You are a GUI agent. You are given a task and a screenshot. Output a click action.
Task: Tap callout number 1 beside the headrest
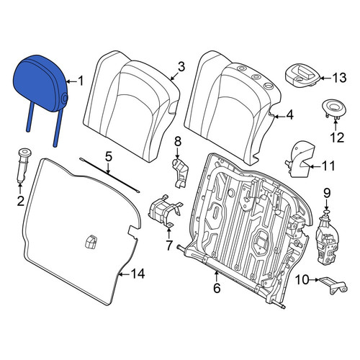(x=81, y=81)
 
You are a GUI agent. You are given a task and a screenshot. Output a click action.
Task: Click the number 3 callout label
(x=181, y=67)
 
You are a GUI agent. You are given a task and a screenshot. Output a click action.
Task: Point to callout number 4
(x=290, y=114)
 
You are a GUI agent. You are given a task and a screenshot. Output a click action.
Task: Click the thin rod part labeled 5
(x=109, y=175)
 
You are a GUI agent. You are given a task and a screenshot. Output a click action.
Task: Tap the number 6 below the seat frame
(x=217, y=288)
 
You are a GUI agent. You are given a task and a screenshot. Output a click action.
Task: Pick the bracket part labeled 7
(x=165, y=211)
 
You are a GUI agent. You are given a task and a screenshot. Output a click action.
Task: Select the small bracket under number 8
(x=180, y=172)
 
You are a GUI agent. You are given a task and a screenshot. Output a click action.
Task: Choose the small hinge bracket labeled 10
(x=333, y=286)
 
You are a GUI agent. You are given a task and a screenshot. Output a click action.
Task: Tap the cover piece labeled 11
(x=300, y=160)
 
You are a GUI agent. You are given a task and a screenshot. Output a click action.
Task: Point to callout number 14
(x=138, y=274)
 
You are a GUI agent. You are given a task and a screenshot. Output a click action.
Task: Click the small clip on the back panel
(x=91, y=242)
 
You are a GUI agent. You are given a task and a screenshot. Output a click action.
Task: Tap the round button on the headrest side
(x=64, y=99)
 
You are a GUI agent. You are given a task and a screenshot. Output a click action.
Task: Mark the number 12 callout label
(x=337, y=138)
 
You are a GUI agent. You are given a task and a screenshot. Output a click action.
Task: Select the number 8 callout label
(x=178, y=142)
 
